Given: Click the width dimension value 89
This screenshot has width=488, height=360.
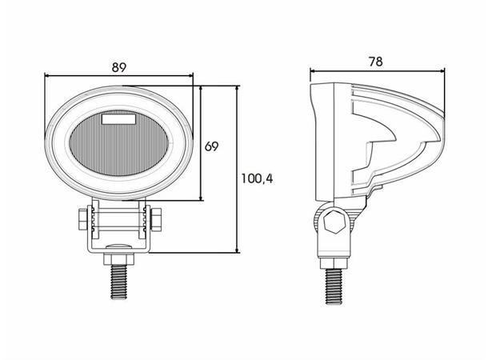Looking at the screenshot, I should coord(118,68).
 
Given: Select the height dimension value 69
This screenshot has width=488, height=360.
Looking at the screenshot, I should coord(211,146).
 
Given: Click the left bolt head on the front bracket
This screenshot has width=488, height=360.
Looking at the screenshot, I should coord(83,218).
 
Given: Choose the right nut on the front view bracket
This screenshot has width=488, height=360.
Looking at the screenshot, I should coord(155,218).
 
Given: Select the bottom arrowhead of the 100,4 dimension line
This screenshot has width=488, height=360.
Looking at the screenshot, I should coord(238,250).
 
